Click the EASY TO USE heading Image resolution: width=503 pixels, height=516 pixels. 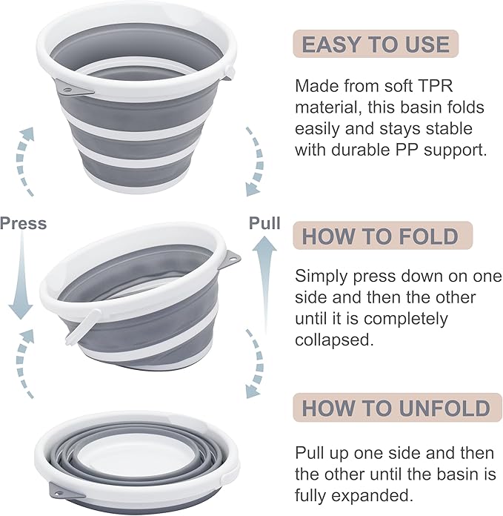click(376, 44)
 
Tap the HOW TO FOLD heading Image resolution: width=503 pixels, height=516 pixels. click(379, 236)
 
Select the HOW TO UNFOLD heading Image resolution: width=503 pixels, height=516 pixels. click(396, 407)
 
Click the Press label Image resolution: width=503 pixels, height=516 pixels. click(23, 223)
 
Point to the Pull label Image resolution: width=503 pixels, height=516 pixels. click(264, 223)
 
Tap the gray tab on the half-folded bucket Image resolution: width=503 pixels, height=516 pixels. click(231, 259)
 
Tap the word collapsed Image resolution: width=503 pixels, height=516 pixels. click(330, 341)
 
